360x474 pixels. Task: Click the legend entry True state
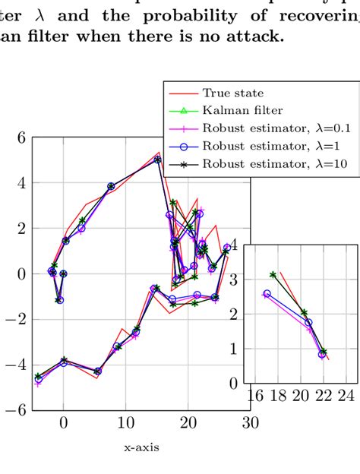click(233, 93)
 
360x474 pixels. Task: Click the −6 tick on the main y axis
click(16, 410)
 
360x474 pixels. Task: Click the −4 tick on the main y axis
click(16, 365)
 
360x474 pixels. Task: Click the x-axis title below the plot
click(141, 448)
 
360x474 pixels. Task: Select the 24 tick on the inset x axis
click(346, 395)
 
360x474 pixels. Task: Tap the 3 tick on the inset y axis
click(235, 280)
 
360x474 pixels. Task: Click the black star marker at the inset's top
click(273, 274)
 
